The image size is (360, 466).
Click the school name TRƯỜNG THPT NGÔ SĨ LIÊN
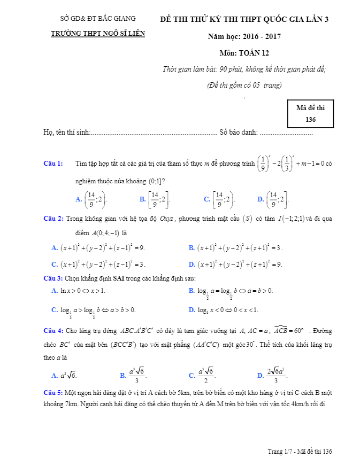[98, 33]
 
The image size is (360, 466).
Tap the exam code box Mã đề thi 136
[310, 113]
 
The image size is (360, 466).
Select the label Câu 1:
[53, 163]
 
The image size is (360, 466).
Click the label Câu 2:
[53, 219]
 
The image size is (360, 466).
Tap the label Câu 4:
[53, 330]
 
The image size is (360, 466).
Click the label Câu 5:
[53, 393]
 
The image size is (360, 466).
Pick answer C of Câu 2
[98, 264]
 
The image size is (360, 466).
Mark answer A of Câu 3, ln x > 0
[78, 291]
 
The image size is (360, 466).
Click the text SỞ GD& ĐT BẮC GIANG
[98, 19]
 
